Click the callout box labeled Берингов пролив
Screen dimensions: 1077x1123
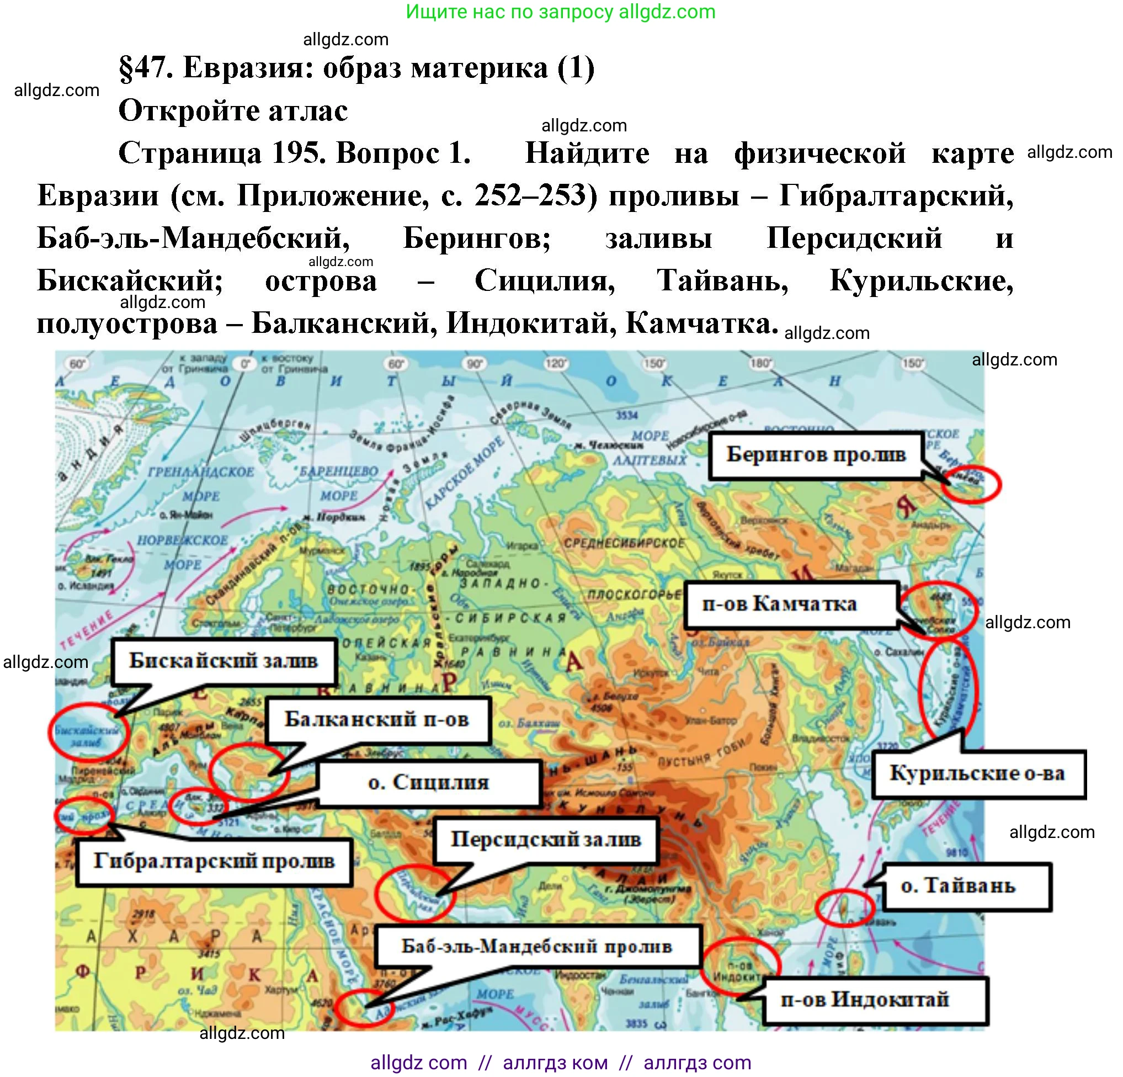815,455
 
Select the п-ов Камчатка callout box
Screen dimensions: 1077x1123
791,604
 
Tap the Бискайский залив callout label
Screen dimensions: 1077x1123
223,661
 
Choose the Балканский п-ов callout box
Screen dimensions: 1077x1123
377,720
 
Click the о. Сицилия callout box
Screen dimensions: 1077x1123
429,783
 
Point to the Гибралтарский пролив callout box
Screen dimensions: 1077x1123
214,862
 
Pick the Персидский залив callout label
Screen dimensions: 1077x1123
545,840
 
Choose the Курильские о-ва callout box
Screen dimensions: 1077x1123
977,774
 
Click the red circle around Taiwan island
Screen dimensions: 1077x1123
844,908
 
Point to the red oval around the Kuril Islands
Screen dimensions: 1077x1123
948,685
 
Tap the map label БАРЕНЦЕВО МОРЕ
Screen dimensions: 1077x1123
338,482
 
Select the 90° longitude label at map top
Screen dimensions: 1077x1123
475,363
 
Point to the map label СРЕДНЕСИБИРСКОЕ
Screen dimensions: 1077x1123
624,543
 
